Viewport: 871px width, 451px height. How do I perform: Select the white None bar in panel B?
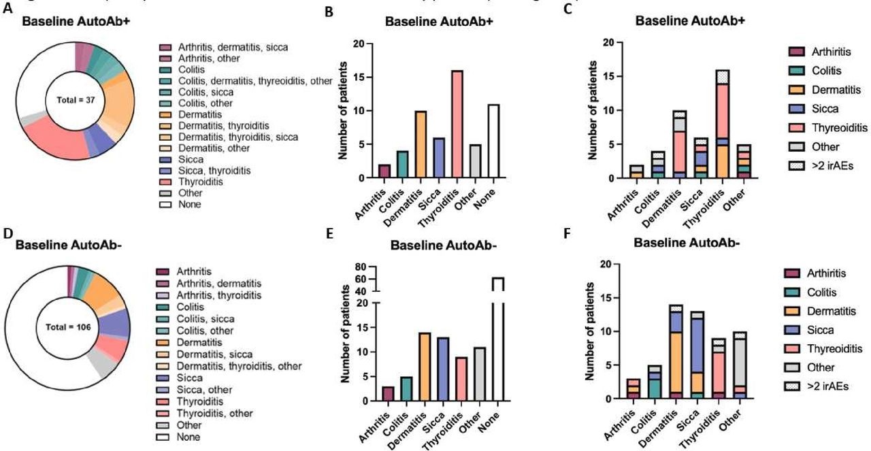coord(498,141)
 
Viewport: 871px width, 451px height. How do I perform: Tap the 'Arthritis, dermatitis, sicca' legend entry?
coord(224,47)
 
